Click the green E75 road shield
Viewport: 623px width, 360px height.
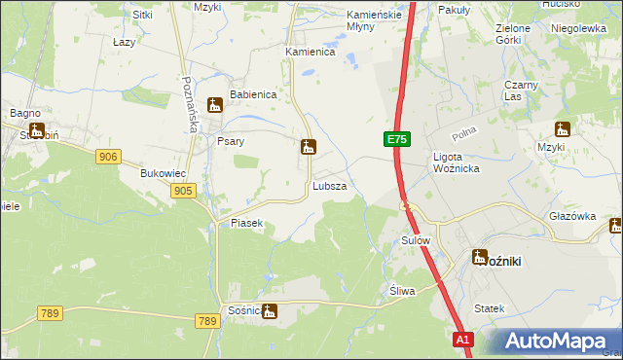[x=395, y=140]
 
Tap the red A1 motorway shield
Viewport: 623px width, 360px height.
[x=464, y=339]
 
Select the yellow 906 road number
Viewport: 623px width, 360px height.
[x=108, y=157]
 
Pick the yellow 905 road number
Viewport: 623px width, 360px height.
[x=182, y=192]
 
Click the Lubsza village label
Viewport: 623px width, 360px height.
[x=329, y=185]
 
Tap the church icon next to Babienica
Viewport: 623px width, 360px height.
[x=216, y=104]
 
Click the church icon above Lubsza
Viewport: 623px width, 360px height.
[x=308, y=148]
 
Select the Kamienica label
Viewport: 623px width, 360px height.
[x=310, y=52]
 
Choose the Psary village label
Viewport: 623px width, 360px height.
[x=230, y=141]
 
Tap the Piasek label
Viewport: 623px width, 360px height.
[x=247, y=223]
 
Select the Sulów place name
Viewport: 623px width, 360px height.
[x=416, y=239]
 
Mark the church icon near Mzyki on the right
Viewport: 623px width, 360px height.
[x=562, y=129]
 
